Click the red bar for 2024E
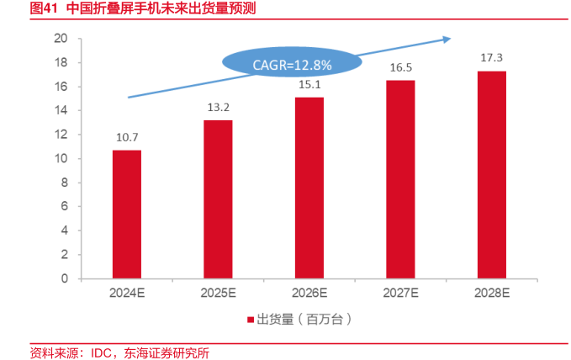(x=127, y=214)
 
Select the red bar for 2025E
(x=218, y=199)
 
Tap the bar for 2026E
(x=309, y=188)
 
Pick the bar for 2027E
(x=400, y=179)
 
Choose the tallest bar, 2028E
(x=491, y=175)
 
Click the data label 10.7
(x=127, y=137)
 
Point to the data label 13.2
(x=218, y=107)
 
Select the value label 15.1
(x=309, y=84)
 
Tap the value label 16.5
(x=400, y=67)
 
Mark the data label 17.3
(x=491, y=57)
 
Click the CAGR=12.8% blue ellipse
(x=292, y=63)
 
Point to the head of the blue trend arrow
(x=449, y=37)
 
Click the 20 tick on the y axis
(x=60, y=38)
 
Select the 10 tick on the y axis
(x=60, y=158)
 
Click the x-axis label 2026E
(x=309, y=294)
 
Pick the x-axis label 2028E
(x=491, y=294)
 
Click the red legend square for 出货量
(x=250, y=320)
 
